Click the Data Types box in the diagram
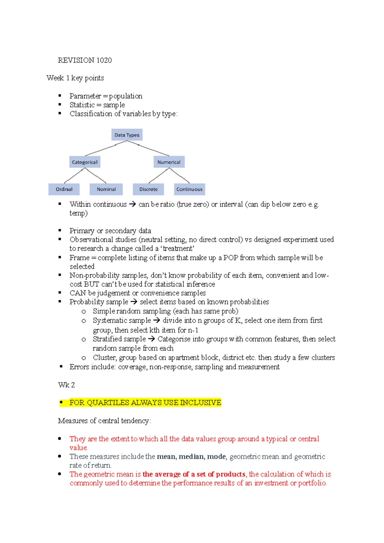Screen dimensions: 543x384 tap(127, 135)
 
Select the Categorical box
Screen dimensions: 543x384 tap(85, 162)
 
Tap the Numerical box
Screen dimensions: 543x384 tap(169, 162)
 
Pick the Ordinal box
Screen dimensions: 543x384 tap(64, 189)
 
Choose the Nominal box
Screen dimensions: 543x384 tap(106, 189)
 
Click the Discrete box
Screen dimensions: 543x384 tap(148, 189)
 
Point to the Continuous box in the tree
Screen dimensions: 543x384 tap(189, 189)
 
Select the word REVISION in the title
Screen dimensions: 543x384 tap(76, 60)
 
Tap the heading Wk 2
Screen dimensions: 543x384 tap(67, 385)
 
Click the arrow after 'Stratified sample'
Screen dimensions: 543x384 tap(152, 339)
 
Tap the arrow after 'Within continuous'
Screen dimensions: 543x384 tap(132, 204)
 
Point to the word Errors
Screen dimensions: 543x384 tap(79, 367)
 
